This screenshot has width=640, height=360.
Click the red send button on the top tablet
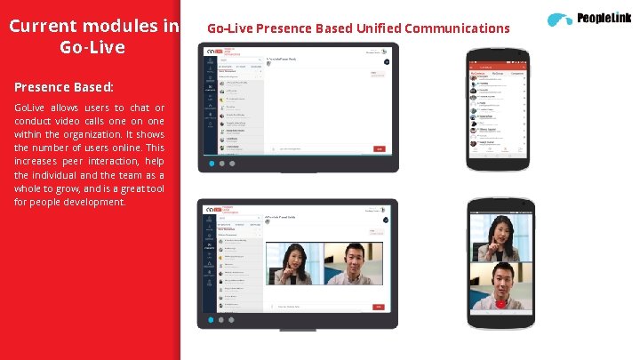[x=380, y=148]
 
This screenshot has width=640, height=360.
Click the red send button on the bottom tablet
[x=380, y=306]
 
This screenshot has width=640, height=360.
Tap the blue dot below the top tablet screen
[x=211, y=164]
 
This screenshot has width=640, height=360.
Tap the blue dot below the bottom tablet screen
[x=211, y=319]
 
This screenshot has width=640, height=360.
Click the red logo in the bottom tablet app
[x=219, y=210]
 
